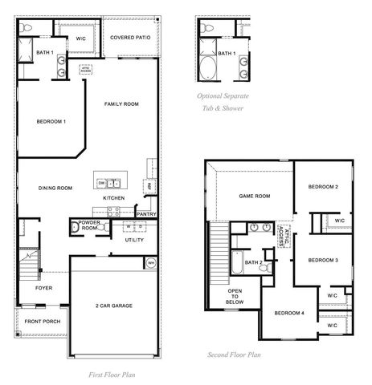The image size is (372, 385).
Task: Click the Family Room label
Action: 122,104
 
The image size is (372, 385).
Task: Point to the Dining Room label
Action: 55,188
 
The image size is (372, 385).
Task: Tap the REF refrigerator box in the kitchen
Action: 149,186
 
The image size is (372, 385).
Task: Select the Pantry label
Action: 146,214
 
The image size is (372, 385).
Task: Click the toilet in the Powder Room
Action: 76,228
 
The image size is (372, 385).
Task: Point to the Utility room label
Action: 133,239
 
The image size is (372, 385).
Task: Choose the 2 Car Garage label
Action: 113,306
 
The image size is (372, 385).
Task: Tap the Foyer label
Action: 43,286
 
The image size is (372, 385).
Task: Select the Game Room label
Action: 254,196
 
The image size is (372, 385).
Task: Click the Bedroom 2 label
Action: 322,187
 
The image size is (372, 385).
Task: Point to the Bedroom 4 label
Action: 288,313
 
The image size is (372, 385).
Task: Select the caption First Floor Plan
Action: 112,374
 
